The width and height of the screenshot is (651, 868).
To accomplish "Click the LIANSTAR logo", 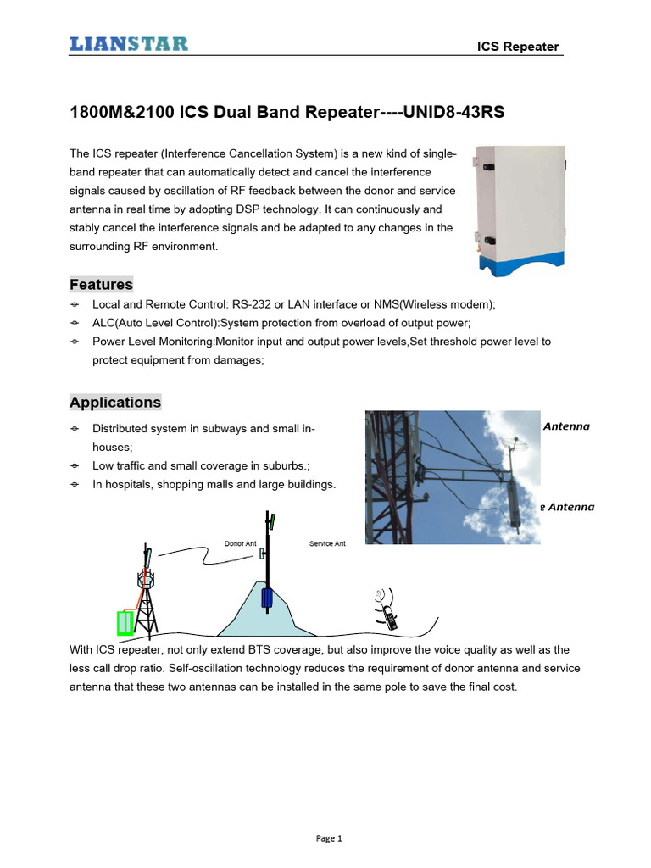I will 129,44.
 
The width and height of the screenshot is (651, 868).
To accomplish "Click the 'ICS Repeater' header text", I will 518,47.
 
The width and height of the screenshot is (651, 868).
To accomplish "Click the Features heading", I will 101,285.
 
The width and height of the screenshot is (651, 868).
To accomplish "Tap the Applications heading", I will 115,403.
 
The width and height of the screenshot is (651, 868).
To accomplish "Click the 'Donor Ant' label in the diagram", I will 240,543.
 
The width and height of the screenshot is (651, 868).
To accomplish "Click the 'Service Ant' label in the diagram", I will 327,543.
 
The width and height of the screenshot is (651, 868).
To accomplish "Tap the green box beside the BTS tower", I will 125,623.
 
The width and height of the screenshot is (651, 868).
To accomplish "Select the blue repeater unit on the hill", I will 268,598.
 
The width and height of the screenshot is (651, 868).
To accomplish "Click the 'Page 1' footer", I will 328,839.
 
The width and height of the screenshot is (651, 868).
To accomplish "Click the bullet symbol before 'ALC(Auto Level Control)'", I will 75,323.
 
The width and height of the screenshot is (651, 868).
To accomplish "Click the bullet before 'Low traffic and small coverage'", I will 75,465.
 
